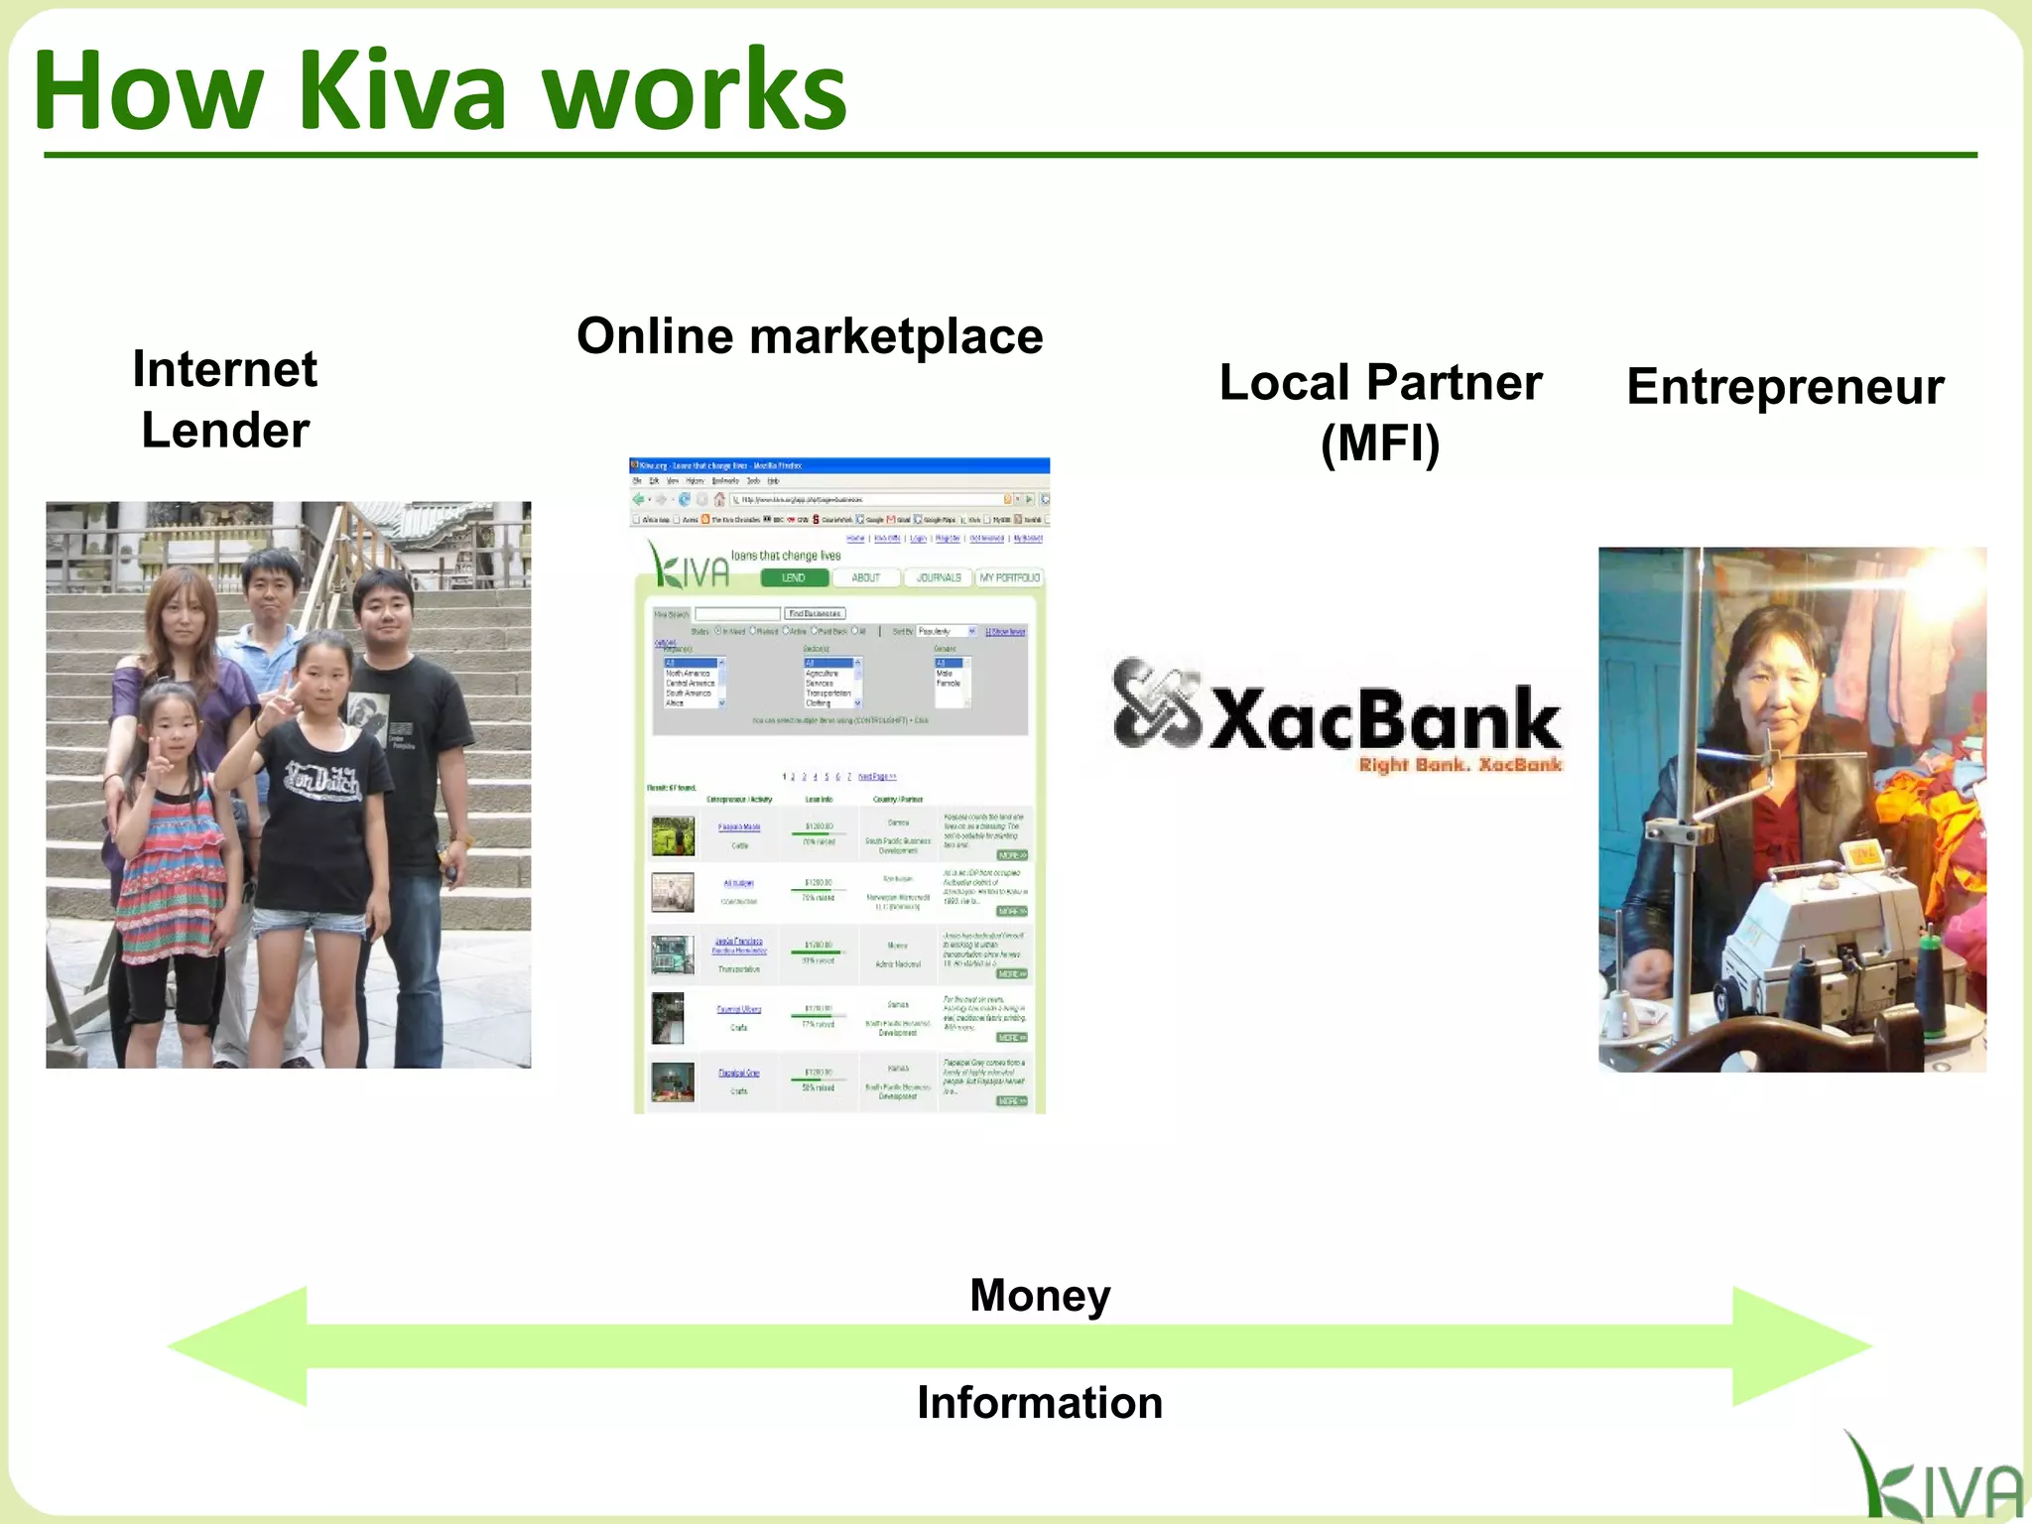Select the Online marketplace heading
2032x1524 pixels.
point(810,335)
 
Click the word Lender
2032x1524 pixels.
point(225,430)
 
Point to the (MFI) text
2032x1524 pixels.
point(1380,443)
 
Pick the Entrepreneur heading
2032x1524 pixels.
point(1785,386)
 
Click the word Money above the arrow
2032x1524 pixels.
point(1040,1295)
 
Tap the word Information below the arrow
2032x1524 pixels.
point(1040,1402)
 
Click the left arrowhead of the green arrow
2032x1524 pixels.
point(238,1346)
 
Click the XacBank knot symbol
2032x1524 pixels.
point(1155,704)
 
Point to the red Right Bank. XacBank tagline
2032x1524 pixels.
point(1460,764)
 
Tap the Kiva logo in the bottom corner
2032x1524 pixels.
point(1930,1480)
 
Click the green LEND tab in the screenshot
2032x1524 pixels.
point(794,577)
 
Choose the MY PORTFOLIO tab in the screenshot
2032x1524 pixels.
point(1009,577)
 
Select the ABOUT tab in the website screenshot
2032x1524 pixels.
point(866,577)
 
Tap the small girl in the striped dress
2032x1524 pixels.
point(169,843)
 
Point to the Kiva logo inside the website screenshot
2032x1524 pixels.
point(689,566)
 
